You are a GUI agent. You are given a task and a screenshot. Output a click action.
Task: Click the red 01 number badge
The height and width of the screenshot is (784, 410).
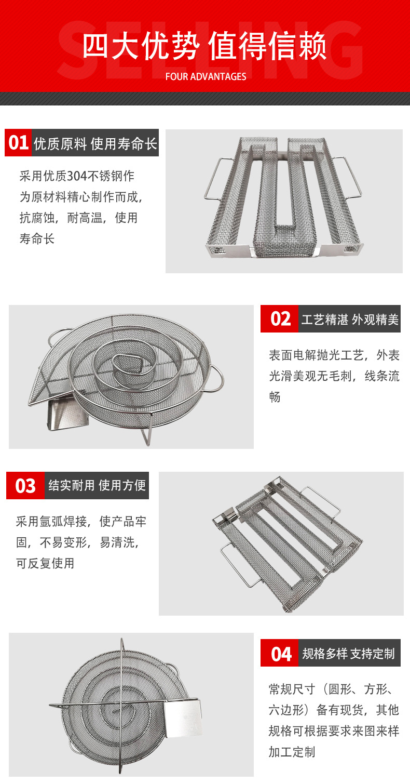pos(19,143)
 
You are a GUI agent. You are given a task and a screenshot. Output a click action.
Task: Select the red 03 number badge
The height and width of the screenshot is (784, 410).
pos(25,486)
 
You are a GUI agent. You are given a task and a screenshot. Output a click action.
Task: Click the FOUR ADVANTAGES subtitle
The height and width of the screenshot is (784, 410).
pos(206,77)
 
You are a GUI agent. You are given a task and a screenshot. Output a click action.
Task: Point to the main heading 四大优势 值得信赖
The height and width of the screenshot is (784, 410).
pos(205,47)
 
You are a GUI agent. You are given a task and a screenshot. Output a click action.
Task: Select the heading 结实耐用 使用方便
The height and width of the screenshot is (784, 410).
pos(97,486)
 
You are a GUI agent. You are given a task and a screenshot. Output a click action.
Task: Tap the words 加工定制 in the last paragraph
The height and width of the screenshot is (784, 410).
pos(292,752)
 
